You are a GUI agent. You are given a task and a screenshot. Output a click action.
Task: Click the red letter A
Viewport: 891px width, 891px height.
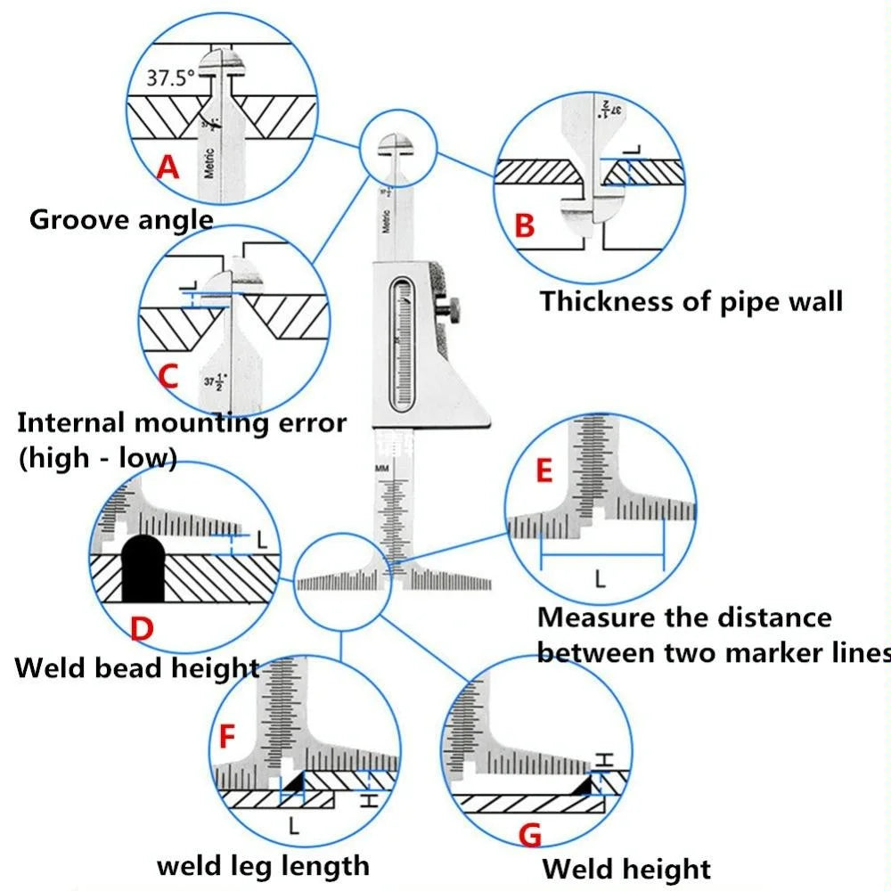point(168,166)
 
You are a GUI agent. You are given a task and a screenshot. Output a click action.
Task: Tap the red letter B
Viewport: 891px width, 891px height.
point(526,225)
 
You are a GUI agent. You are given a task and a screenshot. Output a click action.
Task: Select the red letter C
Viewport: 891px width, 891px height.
point(168,376)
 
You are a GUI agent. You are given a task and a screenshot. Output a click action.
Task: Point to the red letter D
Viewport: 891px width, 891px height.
point(142,629)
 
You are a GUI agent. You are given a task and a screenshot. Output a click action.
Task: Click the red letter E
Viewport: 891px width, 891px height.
point(544,470)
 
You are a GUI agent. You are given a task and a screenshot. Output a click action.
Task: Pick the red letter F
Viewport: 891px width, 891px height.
point(227,738)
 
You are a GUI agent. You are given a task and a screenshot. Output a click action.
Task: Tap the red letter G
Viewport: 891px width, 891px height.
point(529,835)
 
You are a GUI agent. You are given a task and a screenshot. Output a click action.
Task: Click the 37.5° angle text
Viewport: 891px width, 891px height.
point(170,78)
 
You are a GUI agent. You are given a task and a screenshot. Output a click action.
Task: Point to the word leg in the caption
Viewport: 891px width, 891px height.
point(252,865)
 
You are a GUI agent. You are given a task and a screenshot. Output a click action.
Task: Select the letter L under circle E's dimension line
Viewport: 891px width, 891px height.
point(600,580)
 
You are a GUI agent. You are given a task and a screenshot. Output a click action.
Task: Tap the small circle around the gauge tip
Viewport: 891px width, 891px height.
point(397,148)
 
